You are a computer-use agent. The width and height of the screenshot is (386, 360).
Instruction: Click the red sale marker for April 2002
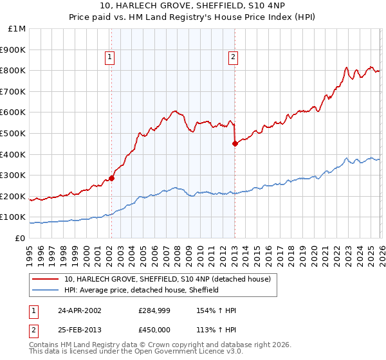click(x=111, y=179)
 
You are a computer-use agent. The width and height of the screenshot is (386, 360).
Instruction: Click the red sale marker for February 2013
click(x=235, y=144)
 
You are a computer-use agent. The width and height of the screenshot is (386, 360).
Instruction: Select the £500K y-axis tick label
click(x=14, y=133)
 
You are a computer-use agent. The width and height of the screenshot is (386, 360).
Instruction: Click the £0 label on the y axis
click(x=21, y=238)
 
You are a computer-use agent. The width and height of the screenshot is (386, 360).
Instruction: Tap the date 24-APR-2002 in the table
click(x=84, y=310)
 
